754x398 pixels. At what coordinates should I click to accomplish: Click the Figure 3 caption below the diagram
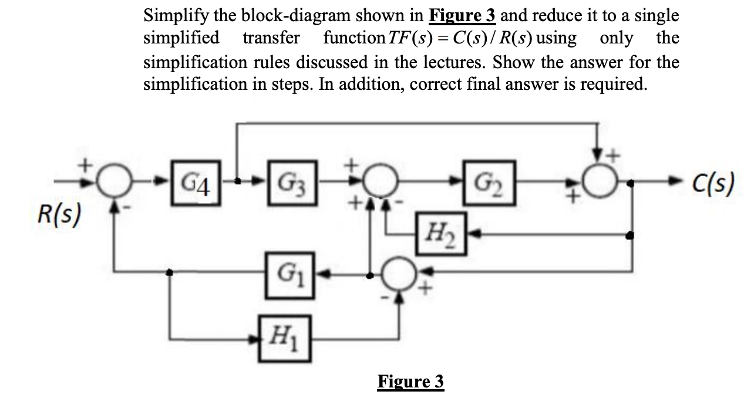click(x=410, y=382)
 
